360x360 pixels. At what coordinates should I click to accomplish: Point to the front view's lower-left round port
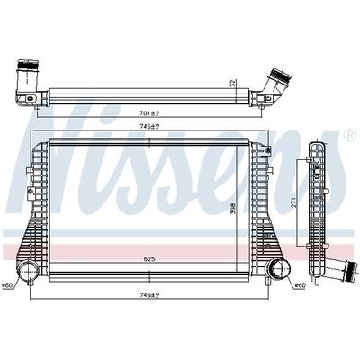[x=25, y=270]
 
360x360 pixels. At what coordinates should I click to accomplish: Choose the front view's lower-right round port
[x=273, y=269]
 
